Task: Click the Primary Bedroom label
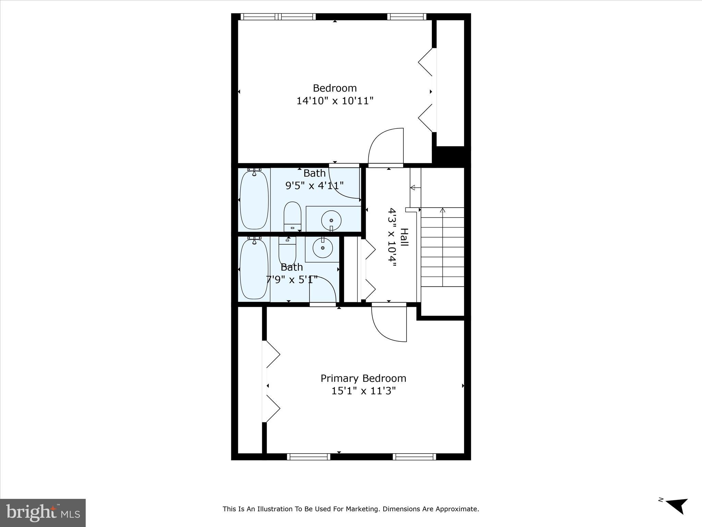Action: pos(363,378)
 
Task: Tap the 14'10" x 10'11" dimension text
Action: pos(335,101)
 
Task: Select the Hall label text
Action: pos(404,237)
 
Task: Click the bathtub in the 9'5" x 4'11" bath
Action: pos(254,200)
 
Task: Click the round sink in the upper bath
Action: pos(331,220)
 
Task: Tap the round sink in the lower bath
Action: pos(323,248)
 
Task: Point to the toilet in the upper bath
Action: pos(292,216)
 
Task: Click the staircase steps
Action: pos(442,247)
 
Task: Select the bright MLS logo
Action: pos(43,513)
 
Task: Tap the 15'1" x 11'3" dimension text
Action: pos(363,391)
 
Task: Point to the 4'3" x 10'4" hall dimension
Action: pos(392,237)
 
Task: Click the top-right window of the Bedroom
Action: pos(407,17)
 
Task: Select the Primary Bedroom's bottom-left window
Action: pos(308,457)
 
